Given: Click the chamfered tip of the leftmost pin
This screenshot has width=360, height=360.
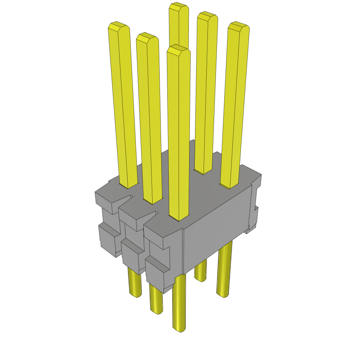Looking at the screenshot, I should (117, 27).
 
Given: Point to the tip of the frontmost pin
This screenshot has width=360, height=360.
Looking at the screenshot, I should (179, 50).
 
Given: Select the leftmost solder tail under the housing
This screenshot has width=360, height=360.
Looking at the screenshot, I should (134, 283).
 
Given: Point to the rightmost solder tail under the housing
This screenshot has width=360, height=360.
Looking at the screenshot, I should (224, 271).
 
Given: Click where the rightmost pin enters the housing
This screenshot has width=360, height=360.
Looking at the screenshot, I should (230, 185).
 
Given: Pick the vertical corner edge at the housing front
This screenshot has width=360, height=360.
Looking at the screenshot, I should (184, 251).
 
